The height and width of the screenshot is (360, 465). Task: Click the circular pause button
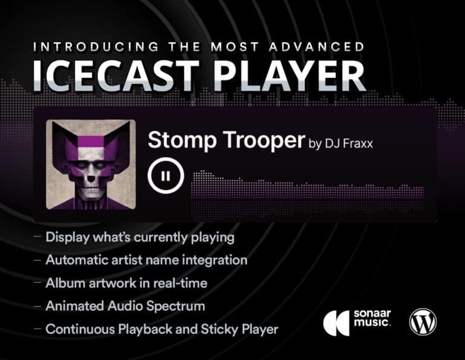point(165,176)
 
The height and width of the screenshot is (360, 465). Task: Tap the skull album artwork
point(91,165)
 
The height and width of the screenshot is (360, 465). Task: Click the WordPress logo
point(423,322)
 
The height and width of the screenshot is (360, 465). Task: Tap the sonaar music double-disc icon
point(336,322)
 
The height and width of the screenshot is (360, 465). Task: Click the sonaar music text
point(372,322)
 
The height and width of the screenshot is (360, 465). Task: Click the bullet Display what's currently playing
point(140,237)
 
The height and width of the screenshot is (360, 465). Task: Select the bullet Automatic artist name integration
point(147,260)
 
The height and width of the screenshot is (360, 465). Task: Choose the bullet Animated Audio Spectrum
point(125,306)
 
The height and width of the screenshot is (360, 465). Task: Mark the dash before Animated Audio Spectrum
point(38,306)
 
